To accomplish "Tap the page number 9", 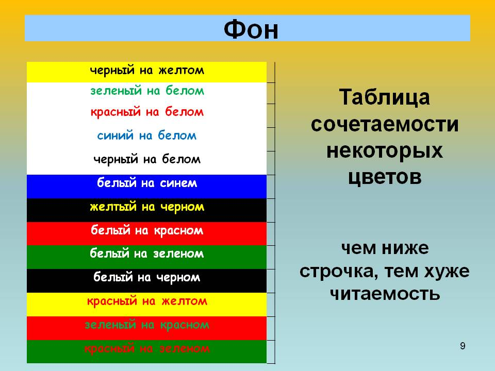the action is tap(463, 346).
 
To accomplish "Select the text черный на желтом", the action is tap(147, 70).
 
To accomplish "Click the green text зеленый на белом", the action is tap(147, 91).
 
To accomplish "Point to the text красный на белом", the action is tap(147, 112).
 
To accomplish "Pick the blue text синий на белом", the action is tap(147, 136).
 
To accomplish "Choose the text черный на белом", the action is tap(147, 159).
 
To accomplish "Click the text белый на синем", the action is tap(147, 182).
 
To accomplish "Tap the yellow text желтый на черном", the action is tap(147, 207).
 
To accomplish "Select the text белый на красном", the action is tap(147, 230).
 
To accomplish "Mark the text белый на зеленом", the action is tap(147, 254).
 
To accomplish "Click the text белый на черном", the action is tap(147, 277).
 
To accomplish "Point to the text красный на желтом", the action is tap(147, 301).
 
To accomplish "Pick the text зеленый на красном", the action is tap(147, 325).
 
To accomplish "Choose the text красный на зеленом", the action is tap(147, 349).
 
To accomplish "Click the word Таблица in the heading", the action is tap(385, 98).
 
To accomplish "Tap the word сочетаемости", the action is tap(385, 124).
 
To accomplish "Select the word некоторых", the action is tap(385, 151).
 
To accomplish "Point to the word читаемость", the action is tap(385, 294).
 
